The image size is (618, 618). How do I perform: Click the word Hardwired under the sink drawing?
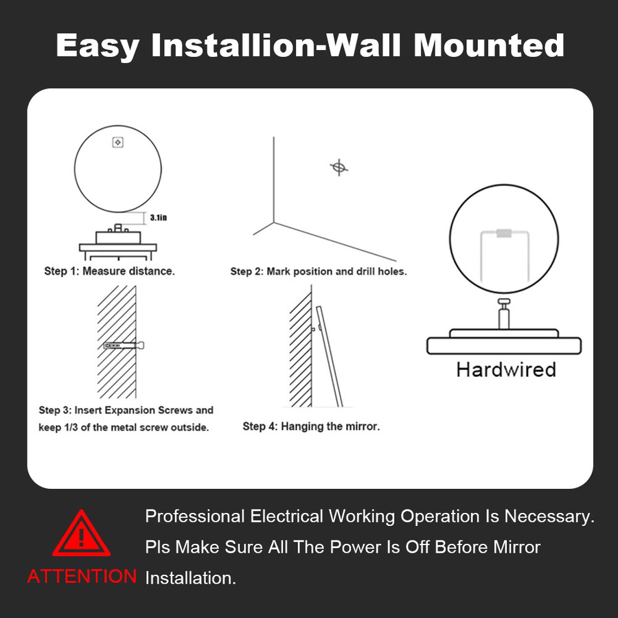(x=506, y=369)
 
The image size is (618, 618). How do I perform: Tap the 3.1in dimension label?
(x=159, y=218)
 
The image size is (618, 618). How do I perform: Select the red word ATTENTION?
(x=82, y=576)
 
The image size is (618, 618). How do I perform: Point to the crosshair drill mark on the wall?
(x=339, y=168)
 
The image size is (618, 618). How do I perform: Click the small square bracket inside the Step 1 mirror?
(x=118, y=142)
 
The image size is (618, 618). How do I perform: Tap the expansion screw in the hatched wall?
(x=124, y=345)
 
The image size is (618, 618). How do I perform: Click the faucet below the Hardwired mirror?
(x=504, y=313)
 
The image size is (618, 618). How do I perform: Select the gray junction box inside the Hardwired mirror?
(x=504, y=233)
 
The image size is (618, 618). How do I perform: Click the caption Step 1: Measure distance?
(x=109, y=271)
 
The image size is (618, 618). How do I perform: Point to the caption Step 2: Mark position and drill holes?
(x=319, y=271)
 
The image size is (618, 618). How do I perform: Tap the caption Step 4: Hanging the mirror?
(x=311, y=426)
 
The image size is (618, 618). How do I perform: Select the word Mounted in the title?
(x=489, y=45)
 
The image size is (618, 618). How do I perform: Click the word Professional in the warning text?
(x=195, y=516)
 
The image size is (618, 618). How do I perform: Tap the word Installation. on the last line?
(x=191, y=578)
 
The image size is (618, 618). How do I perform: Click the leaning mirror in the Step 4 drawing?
(x=330, y=356)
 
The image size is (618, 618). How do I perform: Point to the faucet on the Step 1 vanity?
(x=118, y=228)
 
